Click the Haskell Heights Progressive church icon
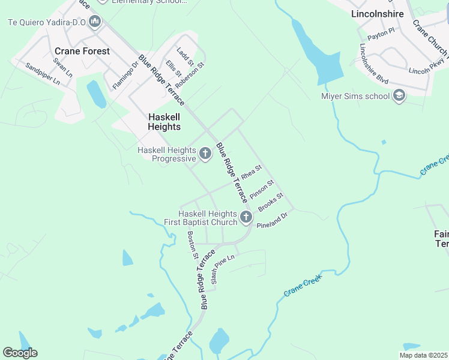(205, 154)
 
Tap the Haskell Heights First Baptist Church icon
(246, 217)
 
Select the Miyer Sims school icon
(399, 96)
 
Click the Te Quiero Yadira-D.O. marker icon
(95, 23)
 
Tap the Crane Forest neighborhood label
(82, 52)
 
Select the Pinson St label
(262, 189)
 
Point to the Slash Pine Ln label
(223, 269)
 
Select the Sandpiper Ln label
(43, 72)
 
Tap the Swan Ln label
(62, 67)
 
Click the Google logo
(20, 353)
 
